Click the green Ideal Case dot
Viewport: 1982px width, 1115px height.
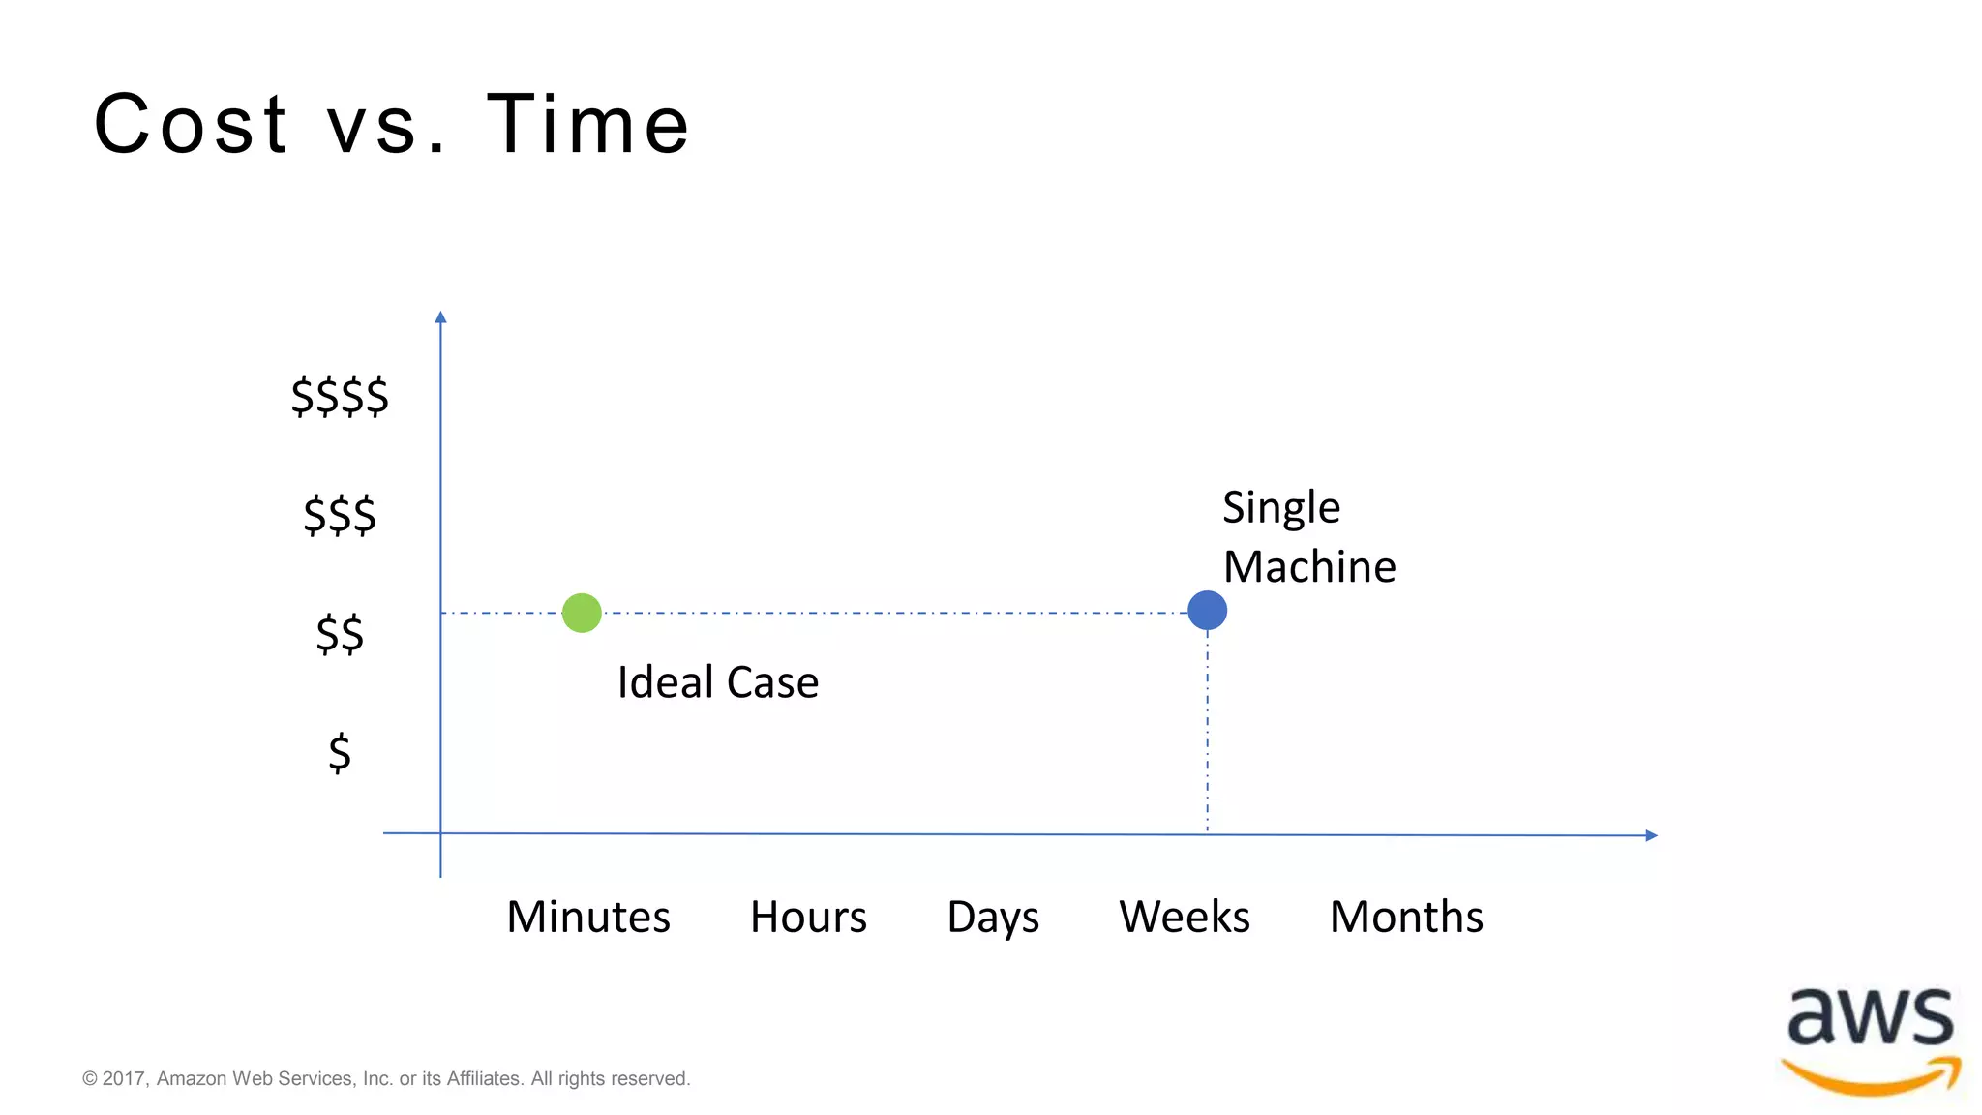pos(582,613)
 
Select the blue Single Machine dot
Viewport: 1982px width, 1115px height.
pos(1207,611)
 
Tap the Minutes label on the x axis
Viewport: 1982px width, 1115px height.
pos(587,917)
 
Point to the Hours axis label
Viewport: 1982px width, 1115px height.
pos(808,917)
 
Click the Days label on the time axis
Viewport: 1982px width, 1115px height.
pos(993,917)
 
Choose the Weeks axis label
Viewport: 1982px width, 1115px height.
pos(1185,917)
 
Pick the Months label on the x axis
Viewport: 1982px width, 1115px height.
pos(1406,917)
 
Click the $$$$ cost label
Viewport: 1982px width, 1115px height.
pos(340,396)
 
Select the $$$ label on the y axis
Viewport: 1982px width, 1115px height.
pos(340,515)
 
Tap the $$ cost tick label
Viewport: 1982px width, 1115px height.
pos(340,634)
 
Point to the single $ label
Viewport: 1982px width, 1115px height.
pos(340,752)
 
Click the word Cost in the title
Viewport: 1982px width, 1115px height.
pos(191,124)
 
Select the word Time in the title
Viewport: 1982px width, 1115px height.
pos(587,124)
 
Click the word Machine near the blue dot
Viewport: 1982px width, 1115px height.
pos(1309,566)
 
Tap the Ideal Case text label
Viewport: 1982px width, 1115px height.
pos(718,682)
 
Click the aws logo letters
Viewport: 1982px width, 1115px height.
pos(1870,1017)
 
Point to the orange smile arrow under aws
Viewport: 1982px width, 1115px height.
pos(1870,1080)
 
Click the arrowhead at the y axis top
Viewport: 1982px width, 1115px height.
pos(440,317)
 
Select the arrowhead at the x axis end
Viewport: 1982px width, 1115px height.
pos(1651,835)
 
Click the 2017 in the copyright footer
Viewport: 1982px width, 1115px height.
pos(123,1078)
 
